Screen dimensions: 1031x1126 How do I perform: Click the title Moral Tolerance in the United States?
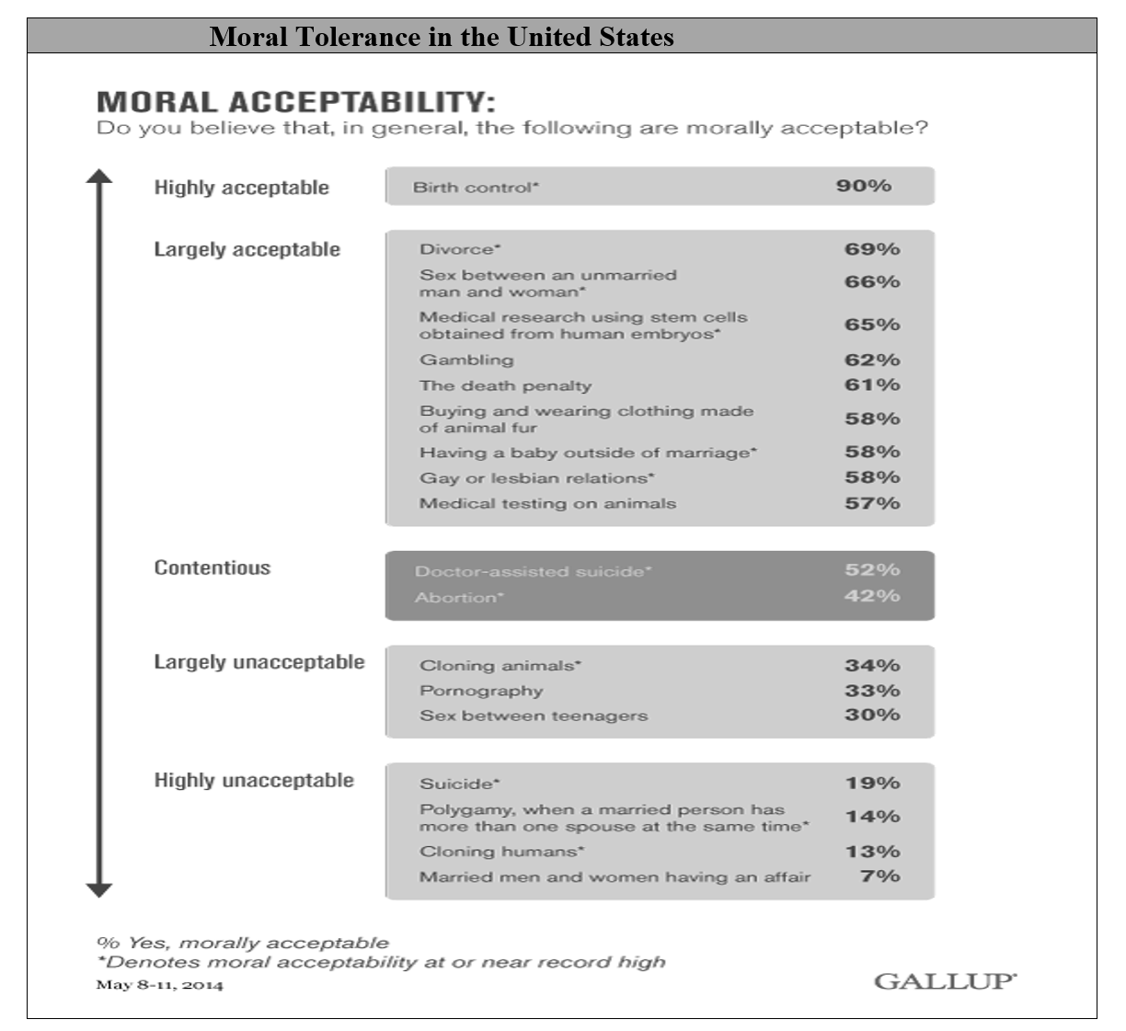[x=442, y=37]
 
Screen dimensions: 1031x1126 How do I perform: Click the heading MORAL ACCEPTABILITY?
[x=296, y=101]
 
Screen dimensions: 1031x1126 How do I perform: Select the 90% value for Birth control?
[x=863, y=186]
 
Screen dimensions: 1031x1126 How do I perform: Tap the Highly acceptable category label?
[x=241, y=188]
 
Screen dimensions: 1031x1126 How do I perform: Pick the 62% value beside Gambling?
[x=872, y=360]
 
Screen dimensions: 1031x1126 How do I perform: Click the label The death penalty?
[x=505, y=385]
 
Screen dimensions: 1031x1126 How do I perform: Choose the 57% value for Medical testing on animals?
[x=872, y=503]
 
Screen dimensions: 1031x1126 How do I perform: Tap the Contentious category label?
[x=212, y=567]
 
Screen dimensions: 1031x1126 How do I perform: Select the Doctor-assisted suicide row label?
[x=533, y=571]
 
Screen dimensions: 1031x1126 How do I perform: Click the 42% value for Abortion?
[x=872, y=596]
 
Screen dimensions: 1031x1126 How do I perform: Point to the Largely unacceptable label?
[x=259, y=662]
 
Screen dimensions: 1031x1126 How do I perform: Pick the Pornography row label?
[x=481, y=691]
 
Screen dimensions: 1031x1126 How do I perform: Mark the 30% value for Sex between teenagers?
[x=872, y=715]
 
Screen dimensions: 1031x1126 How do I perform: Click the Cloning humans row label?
[x=501, y=852]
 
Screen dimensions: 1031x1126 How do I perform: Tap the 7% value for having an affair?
[x=879, y=876]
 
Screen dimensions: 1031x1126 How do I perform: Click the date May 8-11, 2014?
[x=159, y=986]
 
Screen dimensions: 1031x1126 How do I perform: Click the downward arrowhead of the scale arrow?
[x=98, y=889]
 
